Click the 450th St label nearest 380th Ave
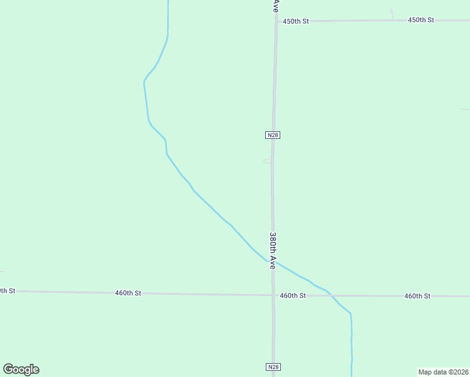(296, 21)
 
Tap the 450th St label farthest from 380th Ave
(421, 20)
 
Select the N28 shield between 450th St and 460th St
(272, 135)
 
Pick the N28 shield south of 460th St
(272, 367)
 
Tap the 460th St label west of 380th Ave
(128, 293)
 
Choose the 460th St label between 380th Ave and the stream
(293, 295)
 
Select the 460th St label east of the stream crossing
(417, 296)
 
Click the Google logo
(21, 369)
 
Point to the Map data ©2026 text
(443, 372)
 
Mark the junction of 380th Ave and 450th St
(275, 21)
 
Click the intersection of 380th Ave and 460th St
(273, 295)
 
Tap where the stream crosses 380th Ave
(273, 262)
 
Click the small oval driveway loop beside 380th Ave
(267, 161)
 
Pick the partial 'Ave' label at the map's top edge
(275, 6)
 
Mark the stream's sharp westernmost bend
(144, 81)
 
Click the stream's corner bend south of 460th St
(351, 313)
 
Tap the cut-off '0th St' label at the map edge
(7, 291)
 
